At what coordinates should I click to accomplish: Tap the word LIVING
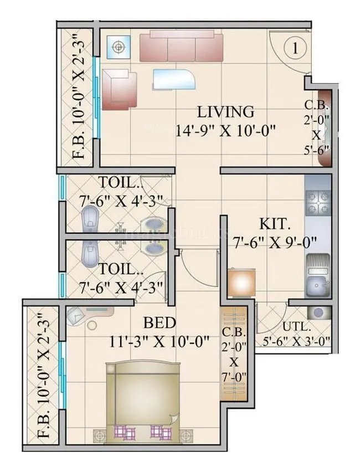coord(226,112)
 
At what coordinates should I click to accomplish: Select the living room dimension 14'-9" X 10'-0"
coord(226,131)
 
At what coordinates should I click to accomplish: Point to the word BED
coord(160,322)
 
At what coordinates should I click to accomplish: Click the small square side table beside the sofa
coord(119,47)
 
